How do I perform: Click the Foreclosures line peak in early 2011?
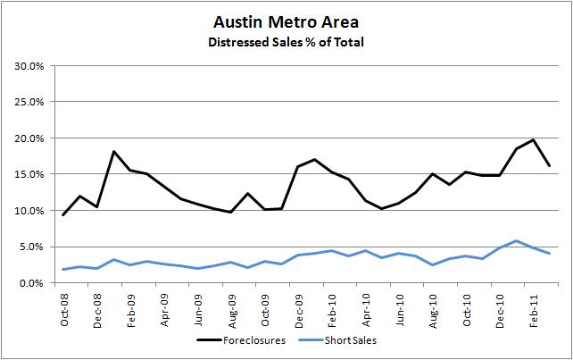point(533,139)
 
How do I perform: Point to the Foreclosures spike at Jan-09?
point(114,152)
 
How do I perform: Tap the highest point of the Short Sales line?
point(516,240)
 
